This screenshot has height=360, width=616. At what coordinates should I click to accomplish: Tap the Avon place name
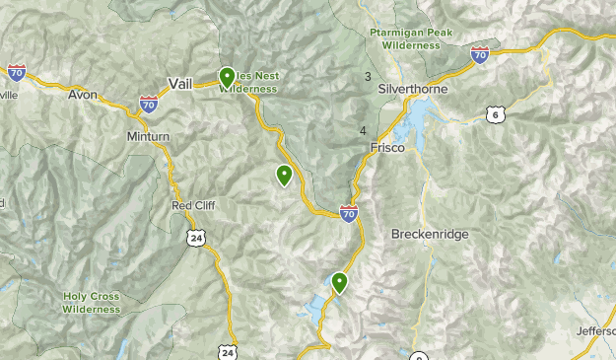pyautogui.click(x=83, y=96)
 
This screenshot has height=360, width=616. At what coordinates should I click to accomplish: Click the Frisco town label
pyautogui.click(x=387, y=148)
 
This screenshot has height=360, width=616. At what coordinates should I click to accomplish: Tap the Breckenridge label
pyautogui.click(x=430, y=235)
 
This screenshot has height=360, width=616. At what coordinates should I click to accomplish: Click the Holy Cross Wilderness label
pyautogui.click(x=92, y=302)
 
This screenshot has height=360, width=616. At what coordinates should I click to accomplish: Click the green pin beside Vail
pyautogui.click(x=227, y=76)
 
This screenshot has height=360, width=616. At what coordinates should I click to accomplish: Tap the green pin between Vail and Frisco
pyautogui.click(x=284, y=176)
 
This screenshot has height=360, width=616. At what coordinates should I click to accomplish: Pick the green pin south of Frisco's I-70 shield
pyautogui.click(x=340, y=282)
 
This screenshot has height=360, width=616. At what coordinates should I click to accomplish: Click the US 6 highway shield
pyautogui.click(x=495, y=115)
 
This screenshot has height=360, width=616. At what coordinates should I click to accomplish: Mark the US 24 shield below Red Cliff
pyautogui.click(x=197, y=237)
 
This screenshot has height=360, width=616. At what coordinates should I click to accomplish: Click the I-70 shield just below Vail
pyautogui.click(x=148, y=104)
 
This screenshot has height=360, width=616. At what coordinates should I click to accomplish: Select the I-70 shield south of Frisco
pyautogui.click(x=349, y=212)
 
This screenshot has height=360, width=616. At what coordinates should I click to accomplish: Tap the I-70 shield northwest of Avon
pyautogui.click(x=16, y=72)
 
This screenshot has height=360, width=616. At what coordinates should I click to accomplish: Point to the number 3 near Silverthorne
pyautogui.click(x=368, y=77)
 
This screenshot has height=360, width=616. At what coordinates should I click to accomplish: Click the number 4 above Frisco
pyautogui.click(x=364, y=131)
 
